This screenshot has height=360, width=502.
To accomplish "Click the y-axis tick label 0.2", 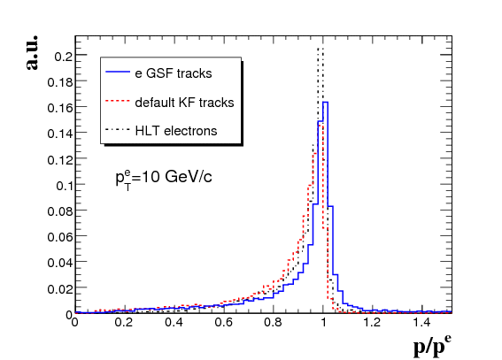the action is pos(65,57).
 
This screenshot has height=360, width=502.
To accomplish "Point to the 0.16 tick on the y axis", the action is pos(61,108).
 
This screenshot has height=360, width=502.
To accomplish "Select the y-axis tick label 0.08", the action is pos(61,211).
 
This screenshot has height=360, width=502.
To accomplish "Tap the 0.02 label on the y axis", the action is pos(61,289).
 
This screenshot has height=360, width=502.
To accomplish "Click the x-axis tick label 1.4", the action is pos(421,322).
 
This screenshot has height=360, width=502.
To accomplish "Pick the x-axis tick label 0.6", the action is pos(223,322).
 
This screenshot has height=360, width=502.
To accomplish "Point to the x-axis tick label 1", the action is pos(323,322).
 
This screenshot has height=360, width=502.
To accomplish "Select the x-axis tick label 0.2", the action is pos(124,322).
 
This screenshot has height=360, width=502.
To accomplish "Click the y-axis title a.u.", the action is pos(32,52).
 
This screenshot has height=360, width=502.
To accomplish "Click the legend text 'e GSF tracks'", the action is pos(174,73).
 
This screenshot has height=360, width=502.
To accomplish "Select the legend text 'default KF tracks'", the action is pos(184,103).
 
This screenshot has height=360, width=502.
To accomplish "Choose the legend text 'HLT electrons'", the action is pos(176,131).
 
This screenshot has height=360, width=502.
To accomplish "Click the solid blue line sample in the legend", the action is pos(118,73).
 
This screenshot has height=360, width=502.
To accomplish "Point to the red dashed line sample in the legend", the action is pos(118,102).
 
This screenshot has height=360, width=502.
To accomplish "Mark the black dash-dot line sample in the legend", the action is pos(118,130).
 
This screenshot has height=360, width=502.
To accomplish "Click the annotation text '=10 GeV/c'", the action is pos(172,177).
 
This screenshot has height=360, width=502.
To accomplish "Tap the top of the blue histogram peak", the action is pos(325,103).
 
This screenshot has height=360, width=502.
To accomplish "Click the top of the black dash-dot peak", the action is pos(321,49).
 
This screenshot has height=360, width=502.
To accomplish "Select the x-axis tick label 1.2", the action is pos(372,322).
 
